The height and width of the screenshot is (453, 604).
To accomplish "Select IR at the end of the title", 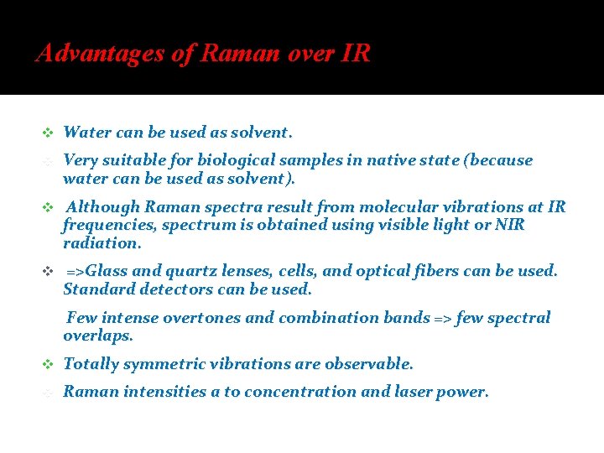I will click(x=356, y=55).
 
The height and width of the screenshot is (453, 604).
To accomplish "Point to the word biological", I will click(x=236, y=160).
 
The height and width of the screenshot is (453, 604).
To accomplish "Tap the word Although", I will click(x=103, y=207).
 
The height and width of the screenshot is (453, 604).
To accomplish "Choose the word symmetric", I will click(x=158, y=365).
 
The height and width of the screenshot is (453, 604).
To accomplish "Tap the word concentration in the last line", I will click(x=307, y=392).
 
